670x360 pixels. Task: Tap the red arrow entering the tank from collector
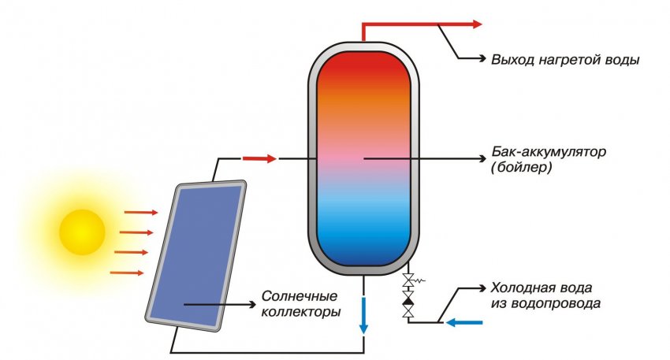(259, 158)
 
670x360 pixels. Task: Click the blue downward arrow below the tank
(363, 315)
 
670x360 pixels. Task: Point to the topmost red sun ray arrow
(142, 212)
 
